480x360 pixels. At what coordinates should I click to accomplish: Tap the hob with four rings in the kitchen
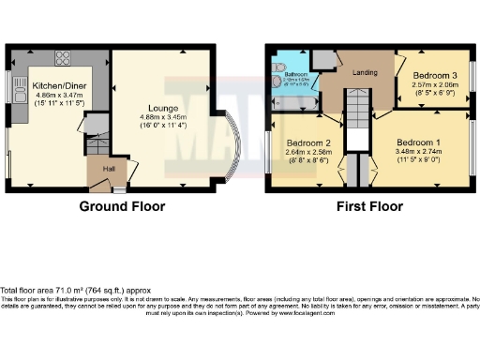coord(63,58)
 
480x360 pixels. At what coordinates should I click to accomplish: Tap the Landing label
coord(363,71)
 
